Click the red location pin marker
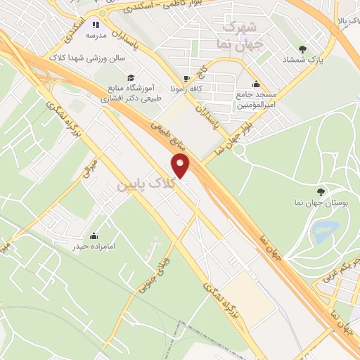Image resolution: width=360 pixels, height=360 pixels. pos(181,166)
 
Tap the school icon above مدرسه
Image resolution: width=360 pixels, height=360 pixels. pos(96,24)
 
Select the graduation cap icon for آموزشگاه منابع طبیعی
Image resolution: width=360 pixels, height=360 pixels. pos(131,77)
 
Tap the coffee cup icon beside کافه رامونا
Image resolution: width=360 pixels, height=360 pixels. pos(186,79)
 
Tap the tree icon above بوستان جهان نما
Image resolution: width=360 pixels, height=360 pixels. pos(321,191)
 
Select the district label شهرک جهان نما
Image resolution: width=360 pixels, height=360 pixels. pos(239,32)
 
